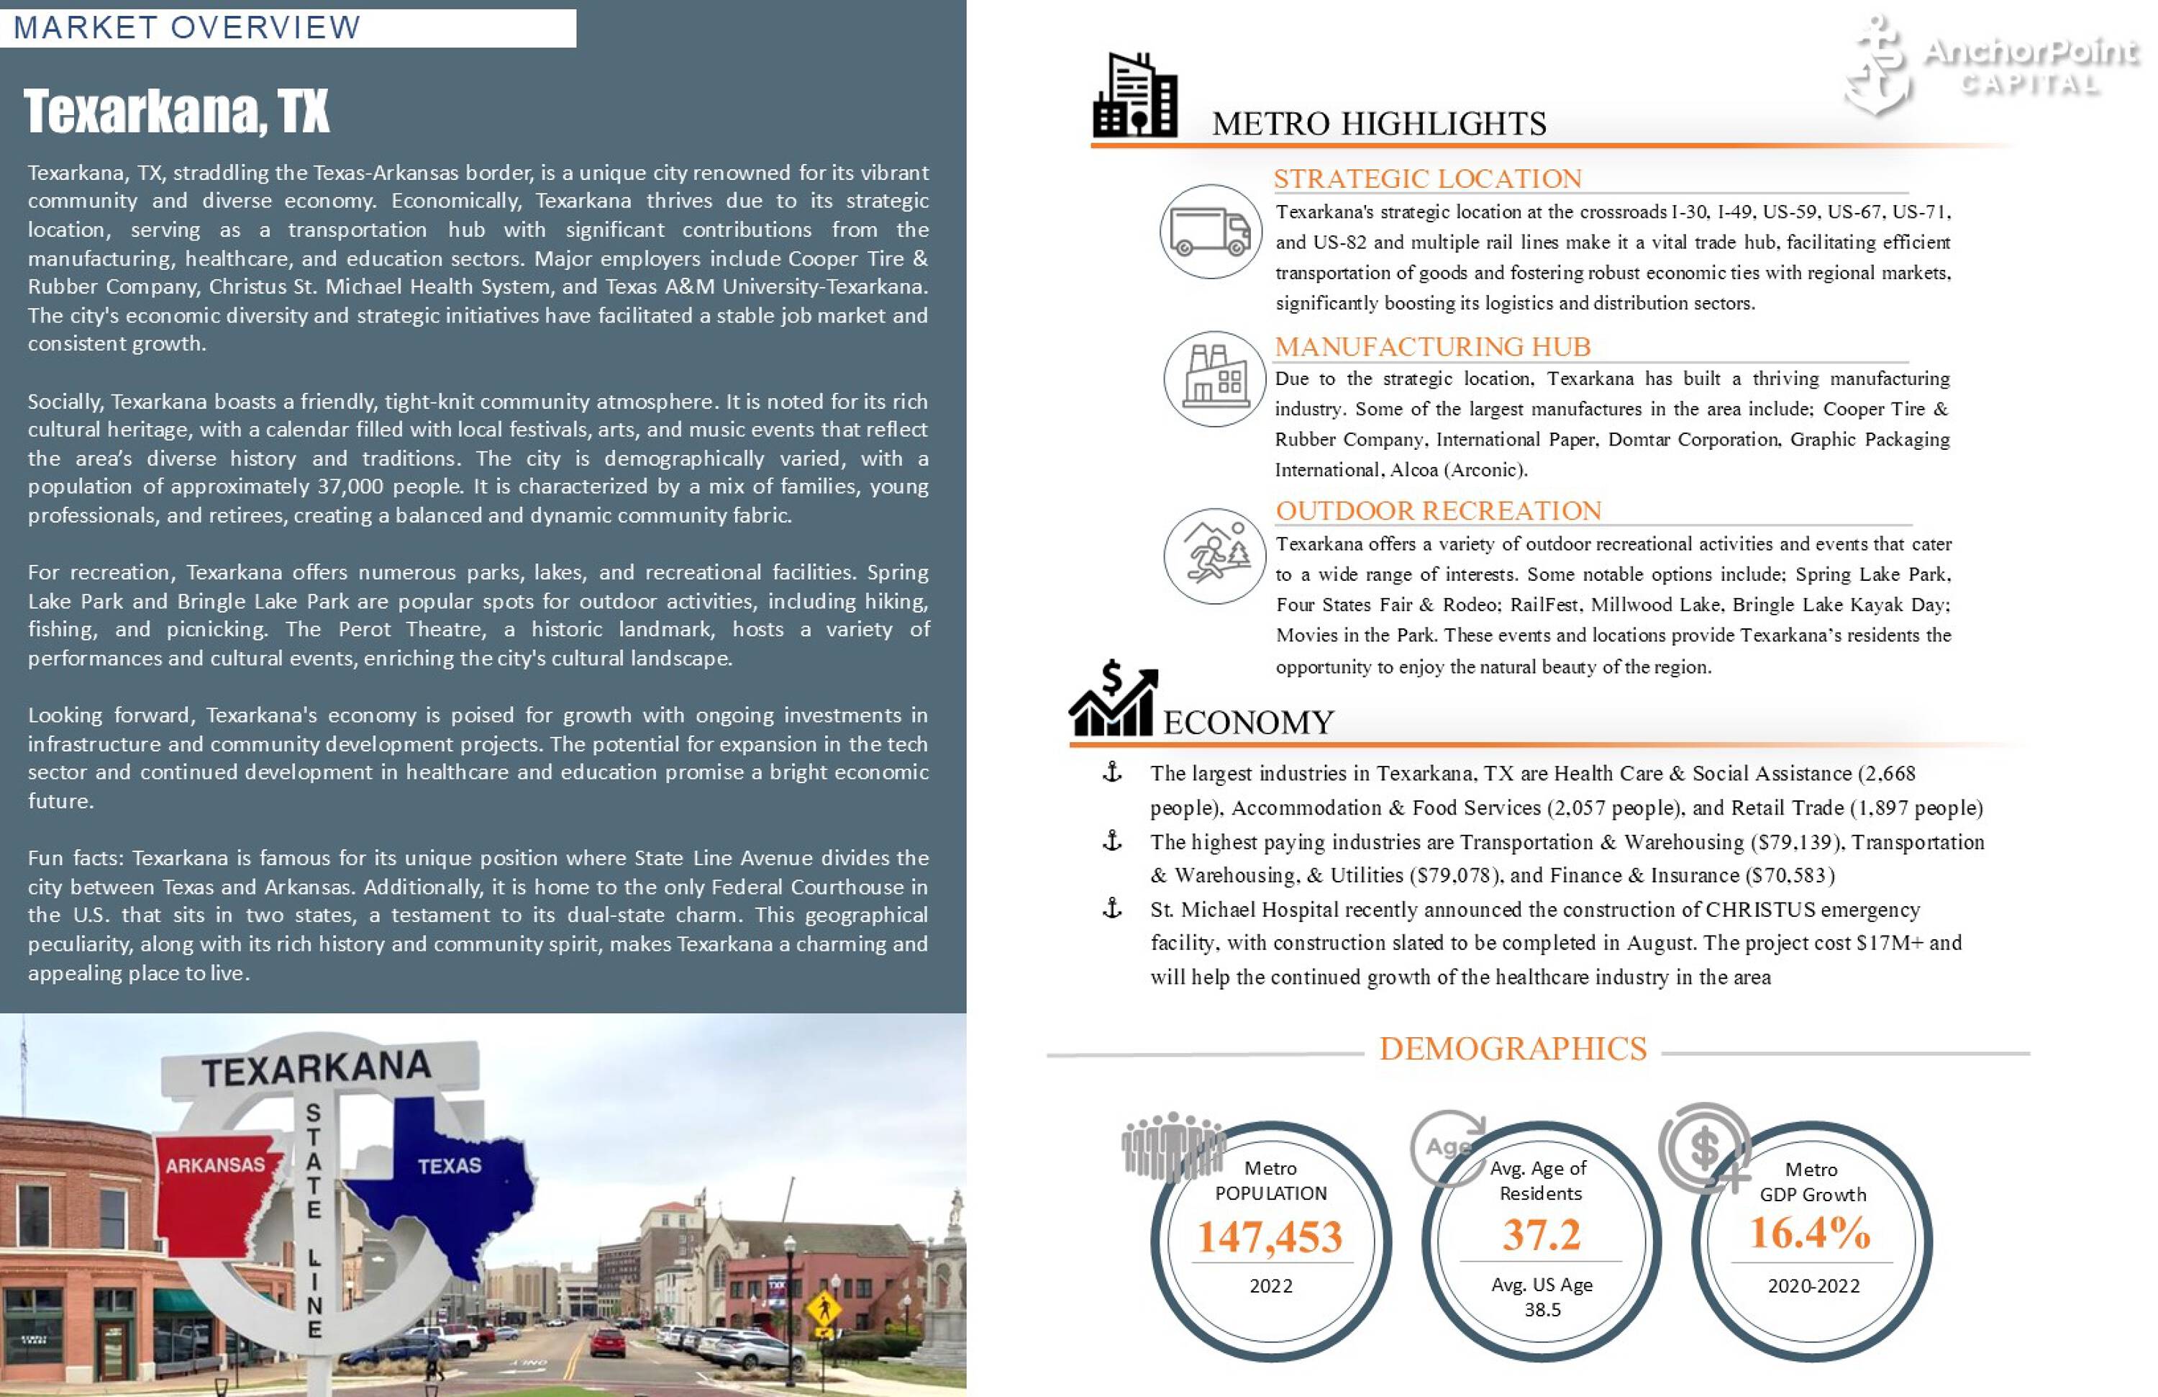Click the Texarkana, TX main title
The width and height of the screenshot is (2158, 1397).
click(x=177, y=112)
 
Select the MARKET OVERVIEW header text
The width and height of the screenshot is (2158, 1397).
click(x=187, y=27)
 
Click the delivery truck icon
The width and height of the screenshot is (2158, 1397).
click(x=1210, y=231)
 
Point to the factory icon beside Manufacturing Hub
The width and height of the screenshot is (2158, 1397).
click(x=1214, y=379)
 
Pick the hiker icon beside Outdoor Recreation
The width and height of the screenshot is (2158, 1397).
click(x=1214, y=555)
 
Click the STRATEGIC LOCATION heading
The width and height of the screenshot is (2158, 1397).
click(x=1427, y=178)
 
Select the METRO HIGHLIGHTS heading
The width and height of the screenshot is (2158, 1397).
click(x=1378, y=123)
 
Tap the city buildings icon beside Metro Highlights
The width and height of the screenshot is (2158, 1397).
click(x=1135, y=96)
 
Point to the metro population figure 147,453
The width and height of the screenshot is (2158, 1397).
click(x=1270, y=1237)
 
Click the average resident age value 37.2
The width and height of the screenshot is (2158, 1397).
click(x=1542, y=1234)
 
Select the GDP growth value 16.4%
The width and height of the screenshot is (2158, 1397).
click(x=1810, y=1233)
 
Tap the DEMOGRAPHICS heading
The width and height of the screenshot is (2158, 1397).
click(x=1513, y=1049)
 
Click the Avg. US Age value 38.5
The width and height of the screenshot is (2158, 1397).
click(x=1542, y=1310)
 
